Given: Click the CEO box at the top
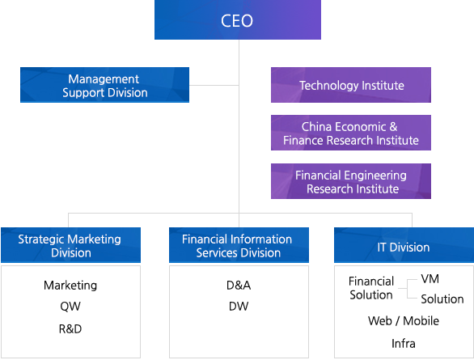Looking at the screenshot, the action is [238, 19].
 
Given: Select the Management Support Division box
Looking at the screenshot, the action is [104, 85].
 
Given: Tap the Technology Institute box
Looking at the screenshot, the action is [351, 85].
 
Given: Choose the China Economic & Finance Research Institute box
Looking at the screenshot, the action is [351, 133].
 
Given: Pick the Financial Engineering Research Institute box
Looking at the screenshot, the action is [351, 181].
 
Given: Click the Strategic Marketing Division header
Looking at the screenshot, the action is [70, 245].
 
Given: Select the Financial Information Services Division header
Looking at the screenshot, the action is [239, 245].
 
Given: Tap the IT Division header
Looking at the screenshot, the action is [404, 245].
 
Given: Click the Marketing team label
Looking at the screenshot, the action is [70, 286].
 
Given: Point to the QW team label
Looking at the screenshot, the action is [70, 307].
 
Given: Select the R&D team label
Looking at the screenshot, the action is [70, 329].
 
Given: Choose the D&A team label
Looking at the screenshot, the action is [239, 286].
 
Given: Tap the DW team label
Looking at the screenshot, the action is [239, 307].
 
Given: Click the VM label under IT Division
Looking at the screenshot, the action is [430, 279].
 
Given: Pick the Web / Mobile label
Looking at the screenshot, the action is [404, 321].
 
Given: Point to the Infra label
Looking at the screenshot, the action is [404, 344].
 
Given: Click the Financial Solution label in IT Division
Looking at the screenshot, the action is [371, 288].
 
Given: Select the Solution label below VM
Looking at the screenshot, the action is [442, 299].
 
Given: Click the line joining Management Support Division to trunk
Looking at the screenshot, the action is [214, 85].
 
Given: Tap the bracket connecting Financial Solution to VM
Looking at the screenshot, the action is [408, 289].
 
